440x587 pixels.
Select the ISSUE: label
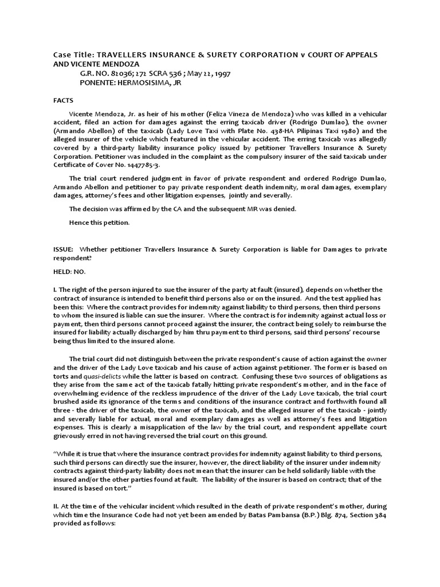point(64,249)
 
